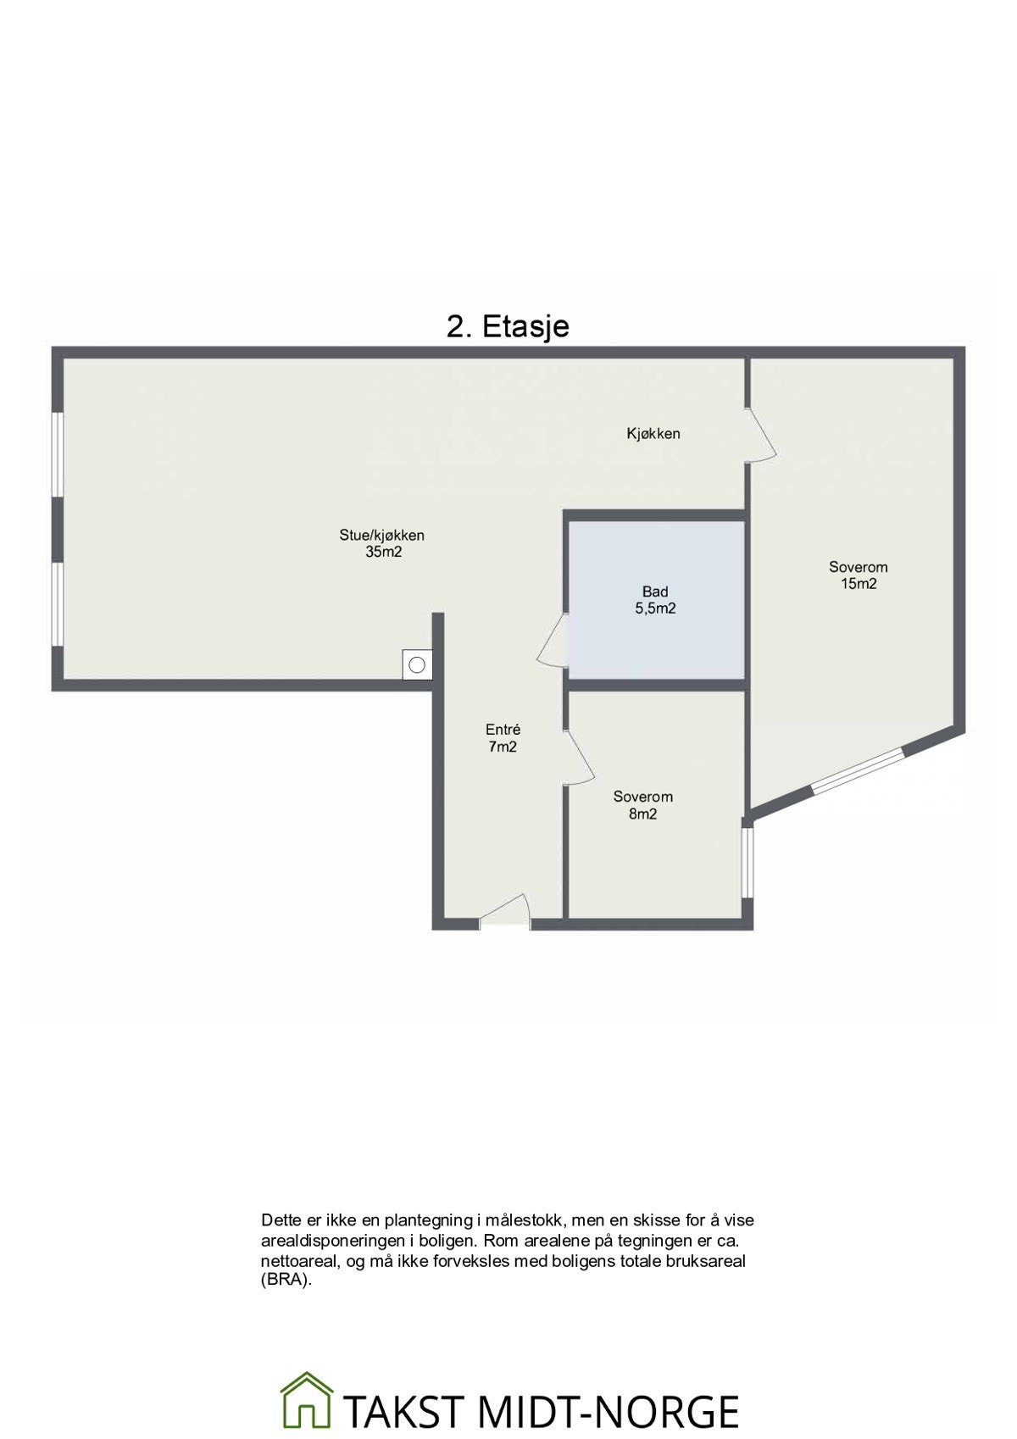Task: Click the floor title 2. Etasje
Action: (508, 327)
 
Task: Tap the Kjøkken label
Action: (653, 434)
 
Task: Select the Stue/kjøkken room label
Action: (381, 535)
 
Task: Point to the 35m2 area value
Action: (384, 552)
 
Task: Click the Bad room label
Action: (654, 592)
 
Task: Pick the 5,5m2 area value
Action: (655, 608)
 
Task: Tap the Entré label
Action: (503, 730)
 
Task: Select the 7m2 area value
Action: (503, 747)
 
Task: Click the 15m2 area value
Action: (859, 584)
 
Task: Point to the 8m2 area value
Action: (642, 814)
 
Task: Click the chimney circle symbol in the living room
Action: (417, 665)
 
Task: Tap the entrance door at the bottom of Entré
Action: (505, 909)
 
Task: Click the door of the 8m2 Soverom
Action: (577, 757)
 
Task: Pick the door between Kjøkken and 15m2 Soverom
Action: (761, 434)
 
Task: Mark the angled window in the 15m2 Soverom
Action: (857, 771)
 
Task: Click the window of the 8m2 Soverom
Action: (747, 863)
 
